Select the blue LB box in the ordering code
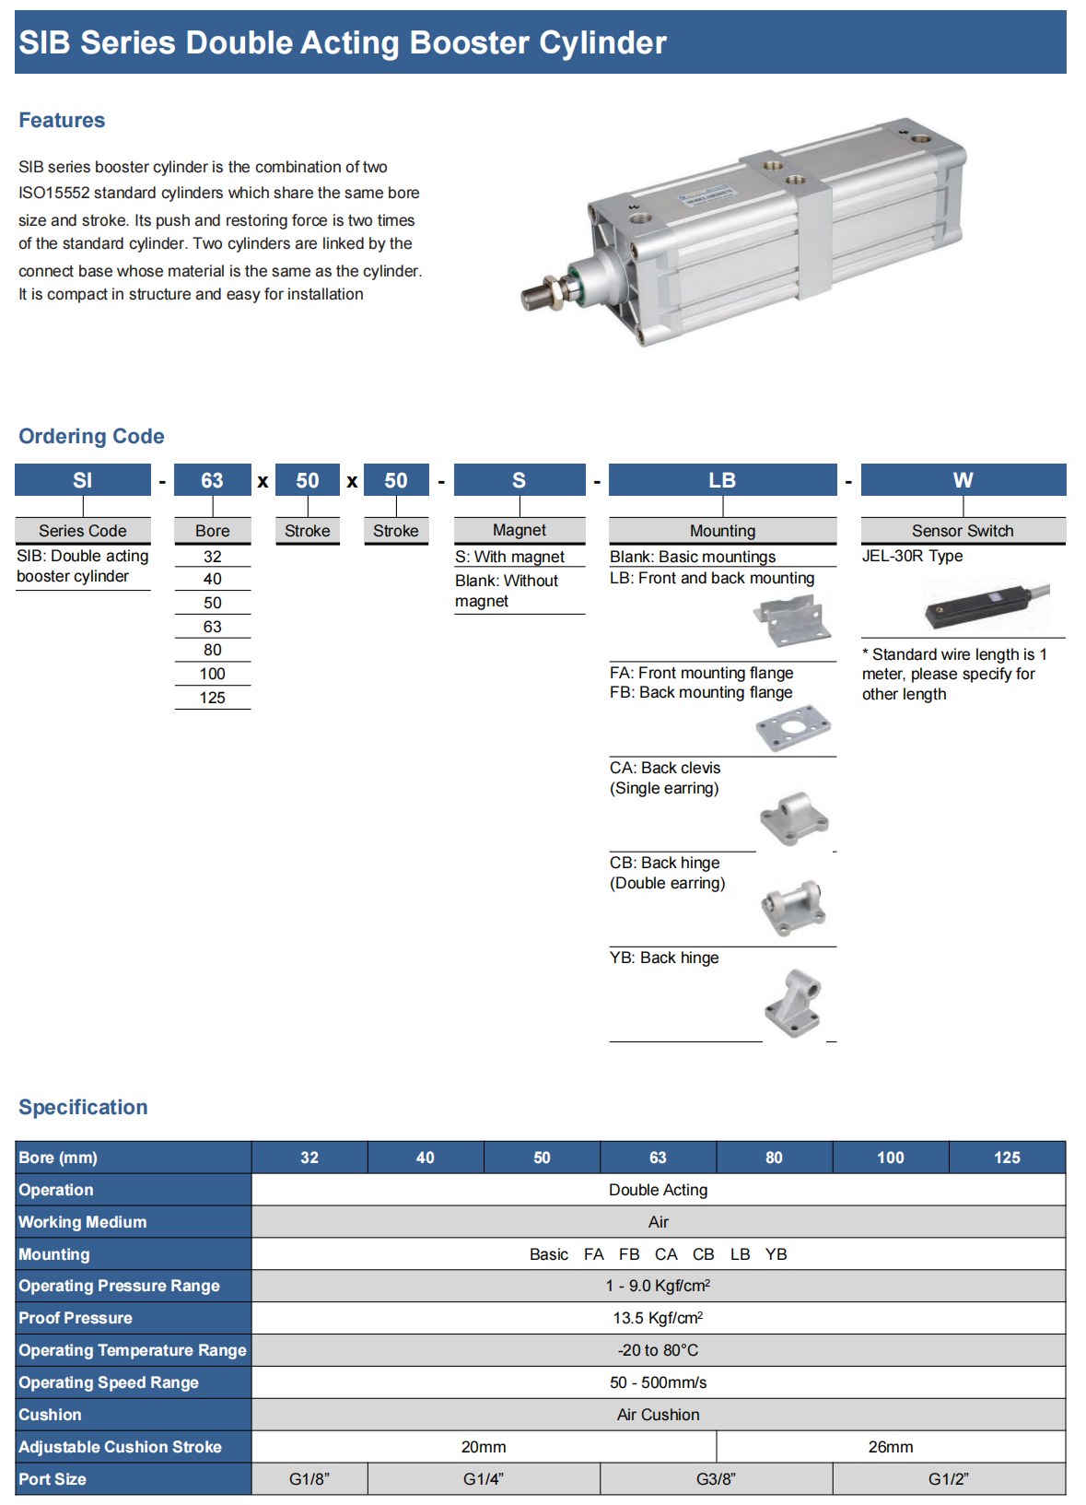tap(722, 480)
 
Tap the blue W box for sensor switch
tap(963, 480)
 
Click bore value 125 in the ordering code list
tap(212, 698)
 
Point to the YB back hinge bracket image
tap(793, 1003)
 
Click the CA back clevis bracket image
tap(793, 817)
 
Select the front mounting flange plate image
tap(793, 728)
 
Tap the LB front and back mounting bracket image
tap(793, 620)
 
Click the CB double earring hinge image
tap(793, 908)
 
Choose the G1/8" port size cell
tap(309, 1479)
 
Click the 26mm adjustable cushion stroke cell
tap(891, 1447)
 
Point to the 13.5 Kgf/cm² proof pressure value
tap(658, 1318)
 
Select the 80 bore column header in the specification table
tap(774, 1158)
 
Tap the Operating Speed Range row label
tap(109, 1382)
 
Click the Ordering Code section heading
tap(91, 436)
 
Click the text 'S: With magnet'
tap(509, 557)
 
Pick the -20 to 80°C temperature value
tap(658, 1350)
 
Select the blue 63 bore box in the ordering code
tap(212, 480)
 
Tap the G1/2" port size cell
tap(948, 1479)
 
